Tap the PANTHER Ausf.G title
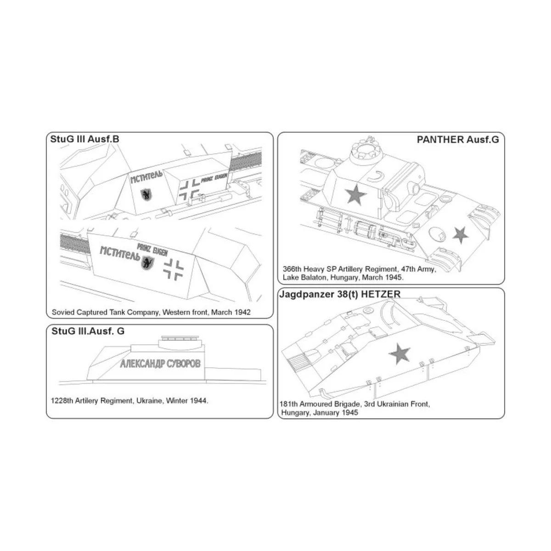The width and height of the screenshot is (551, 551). coord(457,140)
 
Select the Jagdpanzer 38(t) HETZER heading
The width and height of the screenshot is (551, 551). coord(340,294)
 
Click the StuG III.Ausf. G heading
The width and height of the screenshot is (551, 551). coord(88,331)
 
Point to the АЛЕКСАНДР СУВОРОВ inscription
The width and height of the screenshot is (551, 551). coord(160,364)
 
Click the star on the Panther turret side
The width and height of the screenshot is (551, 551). coord(355,196)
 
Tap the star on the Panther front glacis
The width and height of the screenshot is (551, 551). coord(460,235)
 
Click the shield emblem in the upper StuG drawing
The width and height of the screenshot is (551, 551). coord(147,195)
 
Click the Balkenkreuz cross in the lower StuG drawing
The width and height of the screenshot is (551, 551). coord(174,269)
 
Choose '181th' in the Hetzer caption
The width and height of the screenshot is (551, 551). coord(288,405)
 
